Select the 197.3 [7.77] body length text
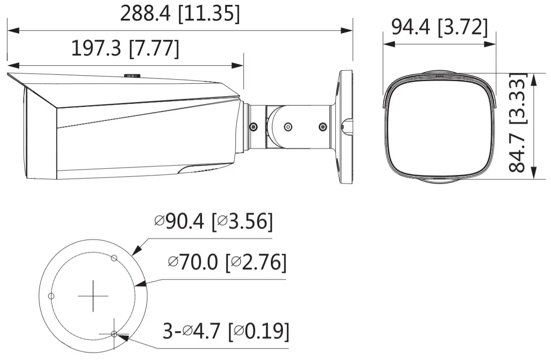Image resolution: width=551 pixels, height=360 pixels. tap(125, 48)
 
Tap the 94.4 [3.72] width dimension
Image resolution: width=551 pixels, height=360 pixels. tap(439, 27)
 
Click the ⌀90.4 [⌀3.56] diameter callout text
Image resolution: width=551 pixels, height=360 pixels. tap(213, 222)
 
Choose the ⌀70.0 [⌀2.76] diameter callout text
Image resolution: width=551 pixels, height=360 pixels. tap(226, 263)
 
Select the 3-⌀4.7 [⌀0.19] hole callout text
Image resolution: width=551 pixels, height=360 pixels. tap(226, 332)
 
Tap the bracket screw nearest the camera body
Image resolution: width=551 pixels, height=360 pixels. tap(254, 127)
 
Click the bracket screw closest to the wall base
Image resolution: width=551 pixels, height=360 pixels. tap(321, 127)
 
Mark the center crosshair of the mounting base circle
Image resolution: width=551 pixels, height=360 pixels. tap(93, 296)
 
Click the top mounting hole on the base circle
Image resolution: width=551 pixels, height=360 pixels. tap(114, 258)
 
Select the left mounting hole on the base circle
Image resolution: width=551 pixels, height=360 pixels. tap(51, 296)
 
